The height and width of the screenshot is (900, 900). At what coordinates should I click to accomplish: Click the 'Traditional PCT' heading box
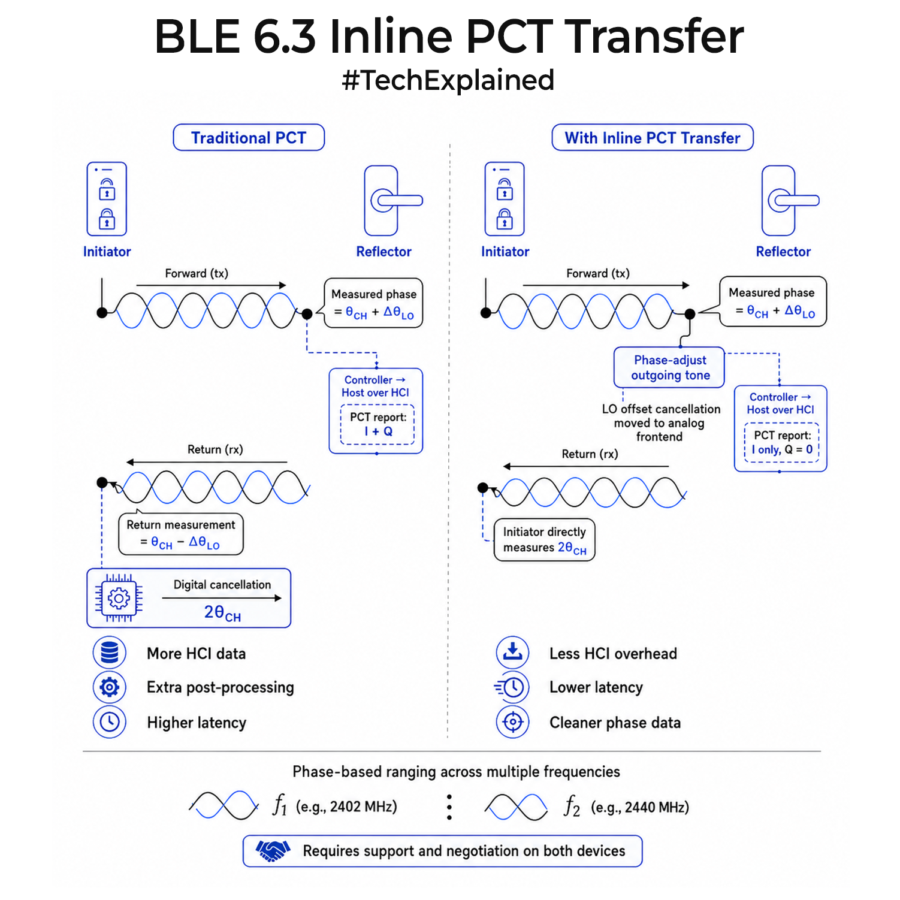(x=249, y=138)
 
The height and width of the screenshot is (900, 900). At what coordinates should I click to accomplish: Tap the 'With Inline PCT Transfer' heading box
(x=653, y=138)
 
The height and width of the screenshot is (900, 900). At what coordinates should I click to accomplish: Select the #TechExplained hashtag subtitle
(x=448, y=80)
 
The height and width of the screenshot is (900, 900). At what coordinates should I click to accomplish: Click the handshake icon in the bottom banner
(x=273, y=850)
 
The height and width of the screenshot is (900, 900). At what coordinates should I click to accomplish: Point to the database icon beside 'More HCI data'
(x=110, y=653)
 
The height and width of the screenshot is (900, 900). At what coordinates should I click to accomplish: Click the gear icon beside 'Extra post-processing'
(x=110, y=687)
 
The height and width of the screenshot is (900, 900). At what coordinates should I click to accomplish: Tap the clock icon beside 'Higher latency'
(x=110, y=721)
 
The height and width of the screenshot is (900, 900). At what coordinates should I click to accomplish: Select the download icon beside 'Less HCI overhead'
(x=513, y=653)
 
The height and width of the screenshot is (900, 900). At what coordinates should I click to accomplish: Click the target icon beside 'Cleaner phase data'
(x=513, y=721)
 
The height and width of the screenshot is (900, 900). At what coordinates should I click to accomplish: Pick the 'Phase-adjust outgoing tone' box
(x=669, y=367)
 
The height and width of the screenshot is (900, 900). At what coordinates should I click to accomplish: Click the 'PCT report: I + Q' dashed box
(x=377, y=424)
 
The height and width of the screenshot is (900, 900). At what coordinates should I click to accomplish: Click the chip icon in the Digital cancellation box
(x=119, y=598)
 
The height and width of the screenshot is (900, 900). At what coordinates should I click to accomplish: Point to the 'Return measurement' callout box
(x=181, y=533)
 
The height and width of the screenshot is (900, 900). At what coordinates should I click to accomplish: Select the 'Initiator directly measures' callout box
(x=545, y=540)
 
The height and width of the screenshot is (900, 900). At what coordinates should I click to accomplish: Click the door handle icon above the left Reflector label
(x=392, y=201)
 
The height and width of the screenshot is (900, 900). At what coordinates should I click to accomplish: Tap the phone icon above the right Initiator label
(x=505, y=199)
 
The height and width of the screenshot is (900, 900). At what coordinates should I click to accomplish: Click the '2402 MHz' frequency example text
(x=363, y=807)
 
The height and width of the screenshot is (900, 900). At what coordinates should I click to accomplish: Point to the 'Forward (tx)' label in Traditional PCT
(x=197, y=274)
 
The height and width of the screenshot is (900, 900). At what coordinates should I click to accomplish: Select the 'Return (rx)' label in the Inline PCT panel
(x=590, y=454)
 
